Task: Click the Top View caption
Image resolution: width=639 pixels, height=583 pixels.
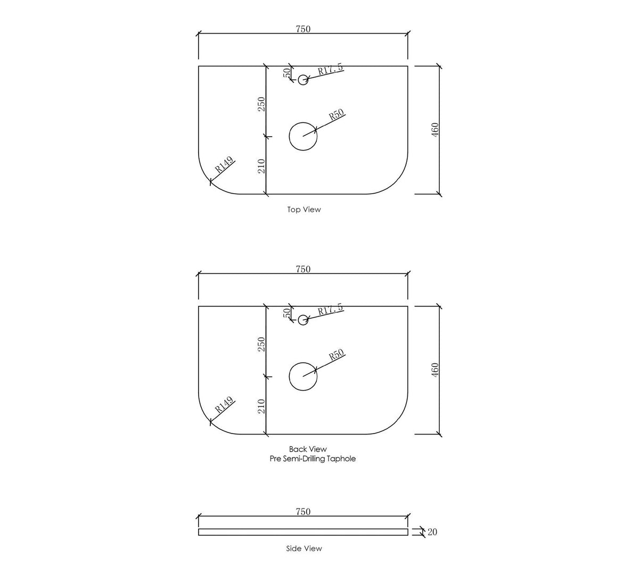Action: tap(304, 210)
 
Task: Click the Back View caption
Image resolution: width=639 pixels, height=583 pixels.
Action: tap(308, 449)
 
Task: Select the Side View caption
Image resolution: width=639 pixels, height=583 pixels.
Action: tap(304, 548)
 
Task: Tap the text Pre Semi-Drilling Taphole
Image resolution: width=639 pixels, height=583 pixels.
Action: tap(313, 459)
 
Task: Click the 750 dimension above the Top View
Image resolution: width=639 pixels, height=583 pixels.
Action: tap(303, 29)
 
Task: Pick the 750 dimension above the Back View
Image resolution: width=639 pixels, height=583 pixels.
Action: tap(303, 269)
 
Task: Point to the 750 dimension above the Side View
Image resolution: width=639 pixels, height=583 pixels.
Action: tap(303, 512)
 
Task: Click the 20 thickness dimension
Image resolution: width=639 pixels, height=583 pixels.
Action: tap(432, 532)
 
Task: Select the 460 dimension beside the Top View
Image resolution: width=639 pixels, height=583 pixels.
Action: tap(435, 130)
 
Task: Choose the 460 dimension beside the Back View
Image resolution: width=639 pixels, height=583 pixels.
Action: tap(435, 370)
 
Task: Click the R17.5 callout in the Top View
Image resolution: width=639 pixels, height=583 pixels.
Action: tap(330, 69)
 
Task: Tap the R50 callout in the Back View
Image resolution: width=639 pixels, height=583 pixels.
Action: tap(337, 354)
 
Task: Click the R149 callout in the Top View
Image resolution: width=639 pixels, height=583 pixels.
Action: tap(224, 164)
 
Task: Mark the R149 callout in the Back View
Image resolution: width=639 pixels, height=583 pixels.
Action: tap(224, 404)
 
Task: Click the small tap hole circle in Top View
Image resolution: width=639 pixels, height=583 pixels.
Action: tap(303, 75)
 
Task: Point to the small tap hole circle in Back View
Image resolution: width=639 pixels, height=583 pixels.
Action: tap(303, 315)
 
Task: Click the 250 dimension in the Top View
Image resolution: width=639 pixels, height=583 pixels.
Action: tap(261, 104)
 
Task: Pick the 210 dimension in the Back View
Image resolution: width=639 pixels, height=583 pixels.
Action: tap(261, 406)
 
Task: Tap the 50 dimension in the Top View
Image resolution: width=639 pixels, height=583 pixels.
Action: tap(287, 72)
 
